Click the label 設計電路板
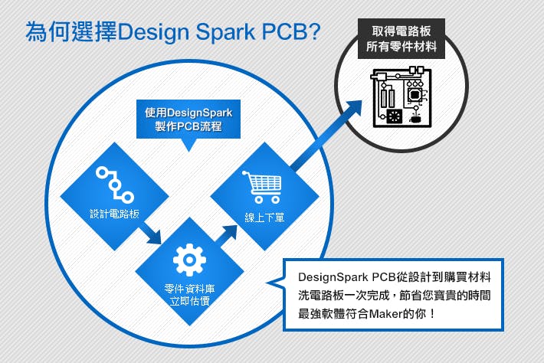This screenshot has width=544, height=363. click(x=114, y=211)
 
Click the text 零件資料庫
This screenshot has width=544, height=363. click(x=189, y=289)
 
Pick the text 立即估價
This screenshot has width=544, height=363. click(x=189, y=301)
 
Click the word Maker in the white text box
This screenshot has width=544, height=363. click(x=392, y=314)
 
